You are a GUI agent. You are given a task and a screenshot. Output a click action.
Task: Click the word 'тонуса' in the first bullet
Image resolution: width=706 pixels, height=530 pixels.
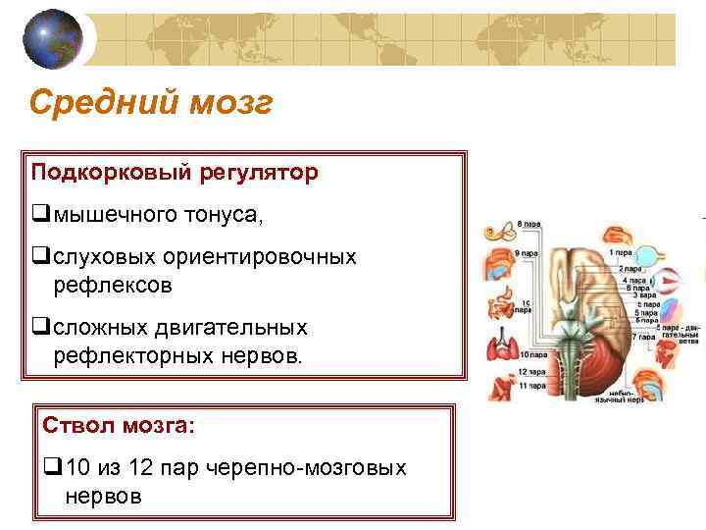pyautogui.click(x=231, y=214)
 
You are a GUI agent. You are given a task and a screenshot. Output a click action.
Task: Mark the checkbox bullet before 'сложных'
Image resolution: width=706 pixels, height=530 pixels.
pyautogui.click(x=40, y=327)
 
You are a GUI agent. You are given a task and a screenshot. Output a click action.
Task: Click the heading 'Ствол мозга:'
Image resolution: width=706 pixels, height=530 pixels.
pyautogui.click(x=119, y=427)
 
